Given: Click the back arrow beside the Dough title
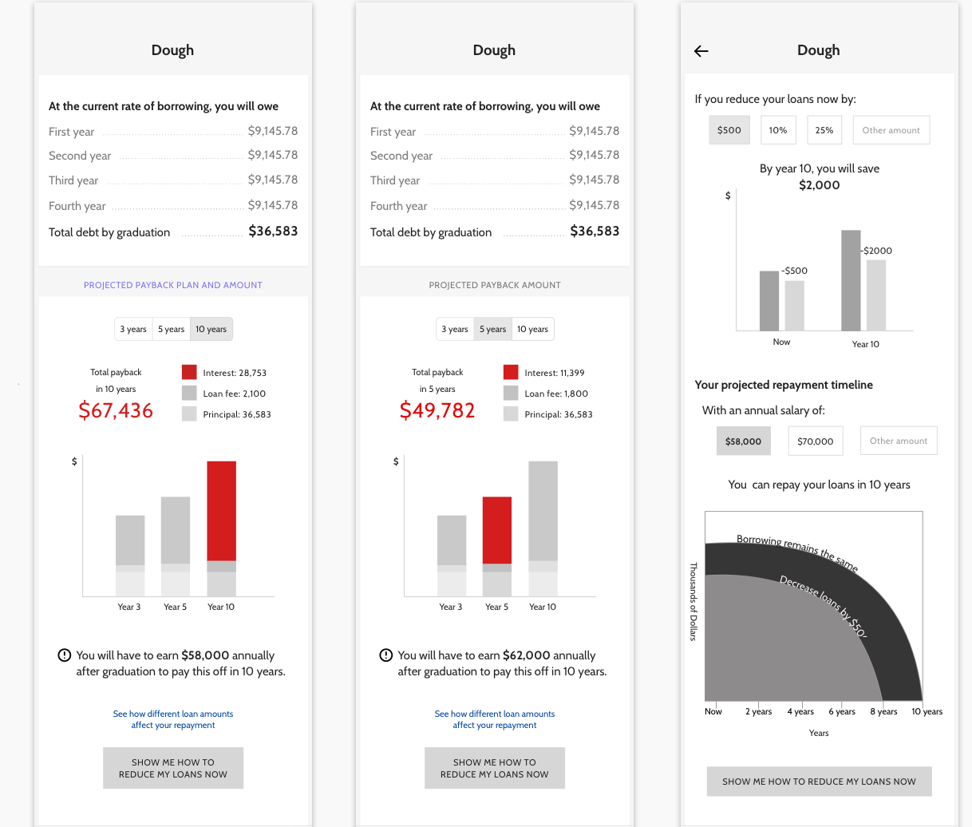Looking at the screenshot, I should [701, 51].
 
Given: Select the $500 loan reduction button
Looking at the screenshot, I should [729, 130].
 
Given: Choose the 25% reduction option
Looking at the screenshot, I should [824, 130].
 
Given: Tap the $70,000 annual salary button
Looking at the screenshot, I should [815, 441].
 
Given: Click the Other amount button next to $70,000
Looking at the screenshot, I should [898, 441].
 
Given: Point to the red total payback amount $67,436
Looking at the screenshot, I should [116, 410].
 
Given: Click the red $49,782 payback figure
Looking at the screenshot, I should [437, 410].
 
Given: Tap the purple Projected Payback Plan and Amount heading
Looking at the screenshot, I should [173, 285].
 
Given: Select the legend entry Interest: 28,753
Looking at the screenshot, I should [234, 373].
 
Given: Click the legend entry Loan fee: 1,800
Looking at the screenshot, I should [555, 394].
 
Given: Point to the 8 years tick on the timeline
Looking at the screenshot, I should [883, 711].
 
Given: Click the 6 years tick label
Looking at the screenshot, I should [842, 711].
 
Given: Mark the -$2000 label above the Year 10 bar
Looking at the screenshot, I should [877, 251].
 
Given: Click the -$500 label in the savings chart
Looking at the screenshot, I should [794, 271].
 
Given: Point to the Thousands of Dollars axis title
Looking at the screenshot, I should [693, 601].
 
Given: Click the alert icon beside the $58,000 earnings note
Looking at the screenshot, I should [65, 655].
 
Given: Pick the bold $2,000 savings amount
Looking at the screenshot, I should [819, 185].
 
